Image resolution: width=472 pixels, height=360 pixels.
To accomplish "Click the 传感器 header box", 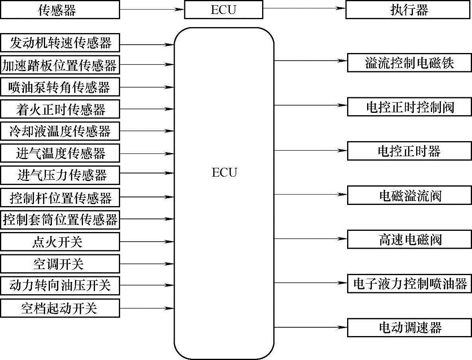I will click(60, 10).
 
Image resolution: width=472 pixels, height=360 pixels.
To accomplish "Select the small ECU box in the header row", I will click(223, 10).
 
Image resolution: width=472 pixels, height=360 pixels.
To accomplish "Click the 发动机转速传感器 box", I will click(60, 43).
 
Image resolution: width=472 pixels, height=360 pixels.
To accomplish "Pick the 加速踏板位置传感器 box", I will click(60, 65).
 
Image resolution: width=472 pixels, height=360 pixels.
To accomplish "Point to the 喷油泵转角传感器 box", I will click(60, 87).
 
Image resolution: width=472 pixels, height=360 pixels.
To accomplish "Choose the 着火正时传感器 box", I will click(60, 109).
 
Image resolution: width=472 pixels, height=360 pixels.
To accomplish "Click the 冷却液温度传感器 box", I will click(60, 131).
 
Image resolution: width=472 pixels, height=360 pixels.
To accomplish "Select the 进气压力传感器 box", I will click(60, 175).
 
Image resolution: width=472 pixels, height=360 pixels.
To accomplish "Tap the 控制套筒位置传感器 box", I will click(60, 219).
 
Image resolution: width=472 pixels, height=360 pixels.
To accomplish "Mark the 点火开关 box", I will click(60, 242).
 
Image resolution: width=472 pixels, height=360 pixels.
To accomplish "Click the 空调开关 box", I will click(60, 264).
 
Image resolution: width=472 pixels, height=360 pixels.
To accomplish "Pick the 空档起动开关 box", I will click(60, 308).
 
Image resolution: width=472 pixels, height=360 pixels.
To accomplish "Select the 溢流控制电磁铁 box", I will click(409, 63).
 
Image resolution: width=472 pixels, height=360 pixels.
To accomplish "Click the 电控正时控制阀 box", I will click(409, 106).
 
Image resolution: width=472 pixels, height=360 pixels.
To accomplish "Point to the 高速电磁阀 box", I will click(409, 239).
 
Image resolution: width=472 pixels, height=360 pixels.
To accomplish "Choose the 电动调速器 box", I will click(409, 328).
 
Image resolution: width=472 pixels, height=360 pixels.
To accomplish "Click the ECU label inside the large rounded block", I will click(224, 173).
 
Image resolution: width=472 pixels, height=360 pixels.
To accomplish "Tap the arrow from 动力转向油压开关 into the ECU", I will click(147, 285).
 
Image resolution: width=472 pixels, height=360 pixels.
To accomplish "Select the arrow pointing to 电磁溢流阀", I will click(310, 195).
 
